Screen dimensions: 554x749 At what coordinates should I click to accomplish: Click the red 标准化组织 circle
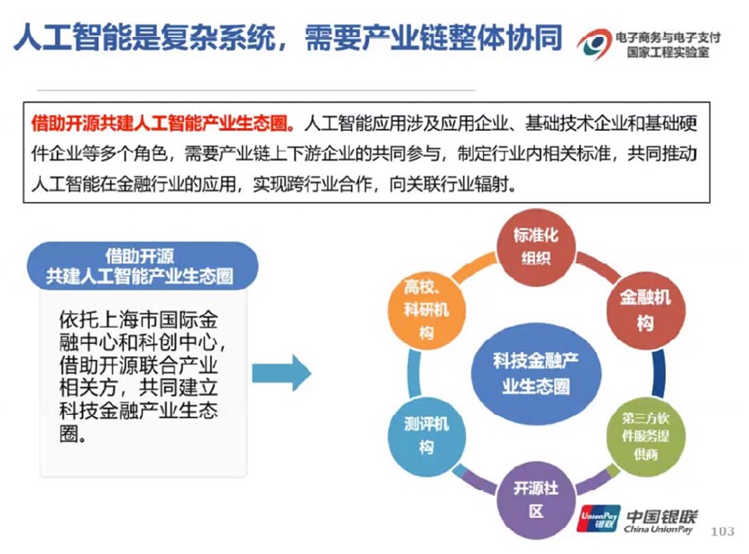536,246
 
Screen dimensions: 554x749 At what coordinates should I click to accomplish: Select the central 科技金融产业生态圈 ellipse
536,373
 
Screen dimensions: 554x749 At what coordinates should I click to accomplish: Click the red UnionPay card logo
597,521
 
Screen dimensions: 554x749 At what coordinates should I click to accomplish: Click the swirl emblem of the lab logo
593,41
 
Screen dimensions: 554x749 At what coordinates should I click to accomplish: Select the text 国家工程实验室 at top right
667,52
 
